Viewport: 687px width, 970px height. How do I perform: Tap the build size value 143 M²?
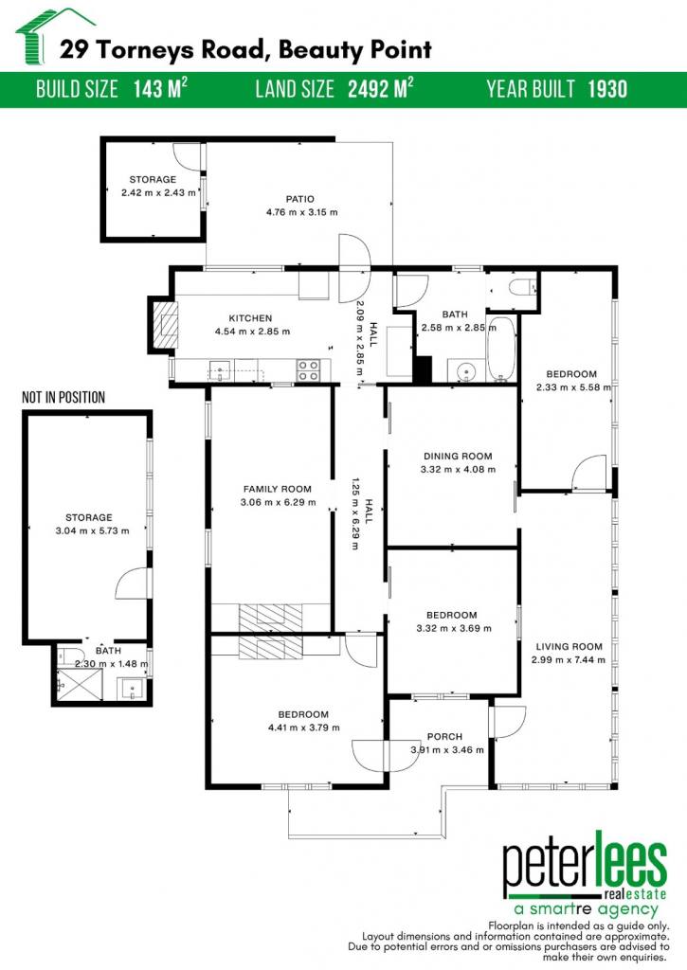[x=160, y=89]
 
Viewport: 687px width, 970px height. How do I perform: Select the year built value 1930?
[x=607, y=89]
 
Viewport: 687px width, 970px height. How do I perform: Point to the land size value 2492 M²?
[x=380, y=89]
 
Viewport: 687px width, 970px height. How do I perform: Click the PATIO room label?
[x=300, y=199]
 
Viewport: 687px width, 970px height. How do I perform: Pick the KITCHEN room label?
[x=251, y=318]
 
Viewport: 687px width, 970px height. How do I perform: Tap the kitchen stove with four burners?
[x=308, y=370]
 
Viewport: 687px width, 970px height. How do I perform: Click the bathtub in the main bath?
[x=500, y=349]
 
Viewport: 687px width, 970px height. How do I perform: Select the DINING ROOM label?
[x=458, y=456]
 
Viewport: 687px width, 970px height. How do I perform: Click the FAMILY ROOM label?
[x=278, y=489]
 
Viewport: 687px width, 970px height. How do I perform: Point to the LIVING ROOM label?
[x=569, y=646]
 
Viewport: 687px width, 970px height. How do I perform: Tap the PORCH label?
[x=444, y=736]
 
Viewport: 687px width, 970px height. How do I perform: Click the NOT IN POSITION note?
[x=63, y=397]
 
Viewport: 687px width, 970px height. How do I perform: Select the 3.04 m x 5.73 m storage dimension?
[x=92, y=530]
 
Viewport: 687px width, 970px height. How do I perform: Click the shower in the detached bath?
[x=80, y=683]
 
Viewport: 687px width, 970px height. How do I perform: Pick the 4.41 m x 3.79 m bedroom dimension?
[x=303, y=727]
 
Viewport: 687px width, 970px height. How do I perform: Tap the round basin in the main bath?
[x=464, y=370]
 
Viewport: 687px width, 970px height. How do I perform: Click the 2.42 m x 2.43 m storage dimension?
[x=158, y=192]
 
